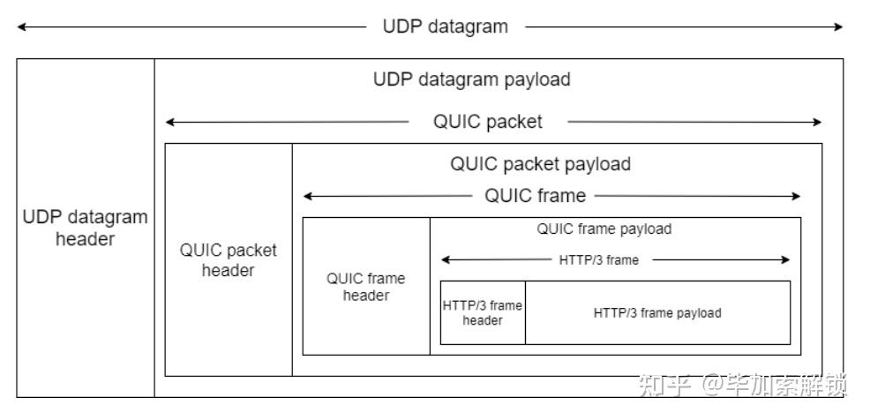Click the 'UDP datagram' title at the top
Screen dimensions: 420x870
pyautogui.click(x=445, y=26)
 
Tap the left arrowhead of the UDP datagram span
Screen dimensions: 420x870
pyautogui.click(x=21, y=26)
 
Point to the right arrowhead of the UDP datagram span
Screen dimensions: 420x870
pyautogui.click(x=839, y=26)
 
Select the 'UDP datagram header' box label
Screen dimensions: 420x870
pyautogui.click(x=86, y=228)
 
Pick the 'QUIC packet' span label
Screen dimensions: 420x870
pyautogui.click(x=487, y=122)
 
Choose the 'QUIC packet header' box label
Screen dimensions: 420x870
pyautogui.click(x=228, y=260)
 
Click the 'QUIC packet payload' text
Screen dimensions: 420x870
pyautogui.click(x=540, y=164)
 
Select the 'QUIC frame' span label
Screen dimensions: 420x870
pyautogui.click(x=535, y=196)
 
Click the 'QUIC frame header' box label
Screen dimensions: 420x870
pyautogui.click(x=365, y=287)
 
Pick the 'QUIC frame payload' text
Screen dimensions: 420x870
pyautogui.click(x=604, y=229)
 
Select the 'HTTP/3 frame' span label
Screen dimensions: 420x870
pyautogui.click(x=598, y=260)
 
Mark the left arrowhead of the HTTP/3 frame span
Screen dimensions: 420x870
pyautogui.click(x=445, y=260)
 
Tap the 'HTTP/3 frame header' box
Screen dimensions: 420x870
pyautogui.click(x=483, y=312)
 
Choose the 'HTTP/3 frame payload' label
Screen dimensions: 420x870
pyautogui.click(x=656, y=312)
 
